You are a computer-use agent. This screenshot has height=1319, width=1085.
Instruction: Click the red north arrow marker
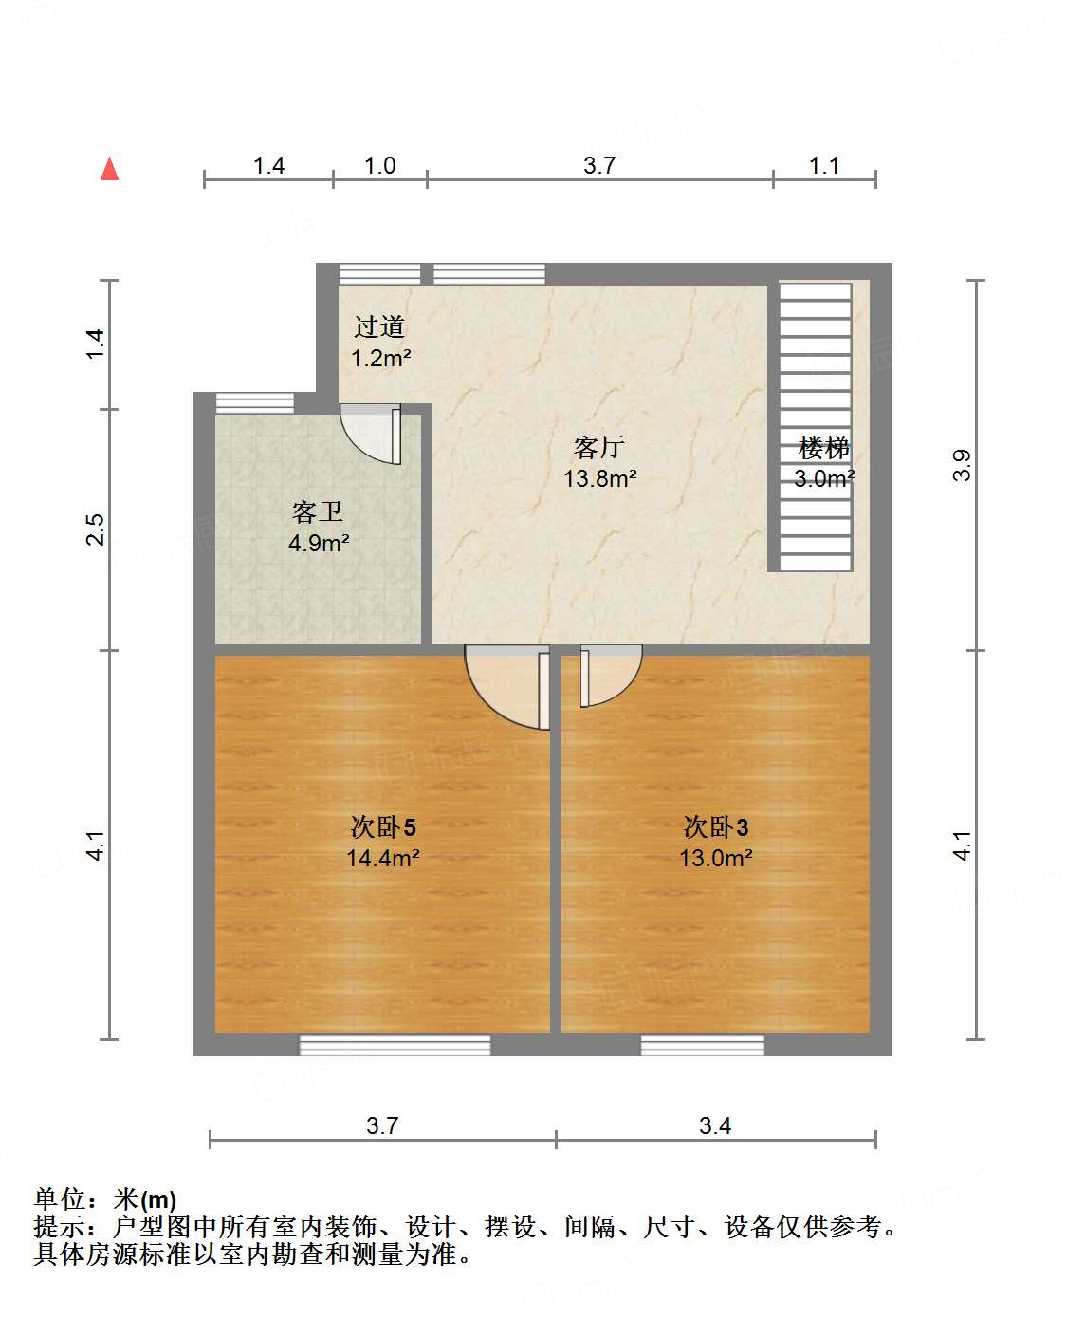pos(110,169)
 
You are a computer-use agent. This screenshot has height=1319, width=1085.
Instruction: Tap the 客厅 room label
pos(599,447)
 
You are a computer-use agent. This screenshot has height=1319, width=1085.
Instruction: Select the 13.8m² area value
pos(599,478)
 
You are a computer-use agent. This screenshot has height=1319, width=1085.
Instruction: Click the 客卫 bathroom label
pos(318,512)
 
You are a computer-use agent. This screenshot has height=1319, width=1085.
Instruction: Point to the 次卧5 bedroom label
pos(383,827)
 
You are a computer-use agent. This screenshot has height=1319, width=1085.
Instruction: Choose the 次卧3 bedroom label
pos(716,827)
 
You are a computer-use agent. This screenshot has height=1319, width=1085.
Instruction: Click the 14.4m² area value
pos(383,859)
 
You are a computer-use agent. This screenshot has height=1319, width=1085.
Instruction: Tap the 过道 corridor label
pos(379,327)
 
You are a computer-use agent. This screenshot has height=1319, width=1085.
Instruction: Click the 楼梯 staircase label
pos(824,447)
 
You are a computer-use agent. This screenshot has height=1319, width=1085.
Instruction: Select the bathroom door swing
pos(373,435)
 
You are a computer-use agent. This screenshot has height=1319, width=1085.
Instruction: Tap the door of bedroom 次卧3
pos(607,676)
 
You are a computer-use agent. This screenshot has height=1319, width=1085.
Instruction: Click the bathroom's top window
pos(255,402)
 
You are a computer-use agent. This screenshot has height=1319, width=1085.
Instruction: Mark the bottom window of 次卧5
pos(395,1045)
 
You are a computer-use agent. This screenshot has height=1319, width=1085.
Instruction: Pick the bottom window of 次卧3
pos(703,1045)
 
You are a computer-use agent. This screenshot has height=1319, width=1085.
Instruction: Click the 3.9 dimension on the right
pos(962,464)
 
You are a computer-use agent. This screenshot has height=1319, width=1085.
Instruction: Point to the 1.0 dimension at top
pos(380,166)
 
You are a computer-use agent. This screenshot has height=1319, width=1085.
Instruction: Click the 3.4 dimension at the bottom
pos(715,1126)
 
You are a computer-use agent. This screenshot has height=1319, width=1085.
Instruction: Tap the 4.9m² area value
pos(319,544)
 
